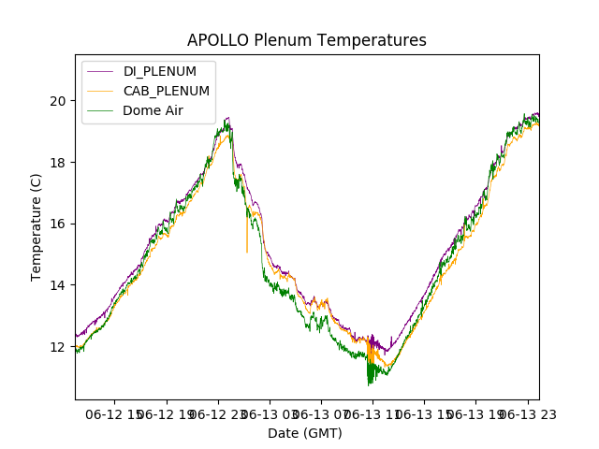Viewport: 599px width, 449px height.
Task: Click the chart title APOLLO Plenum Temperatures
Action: click(x=306, y=40)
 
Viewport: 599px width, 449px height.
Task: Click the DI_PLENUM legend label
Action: click(x=159, y=71)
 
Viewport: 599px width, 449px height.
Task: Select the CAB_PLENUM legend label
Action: click(x=166, y=91)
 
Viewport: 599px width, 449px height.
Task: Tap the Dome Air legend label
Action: click(x=153, y=110)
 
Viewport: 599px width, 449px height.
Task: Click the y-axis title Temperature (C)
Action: click(x=37, y=226)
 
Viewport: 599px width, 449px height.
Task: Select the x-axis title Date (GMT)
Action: click(x=305, y=433)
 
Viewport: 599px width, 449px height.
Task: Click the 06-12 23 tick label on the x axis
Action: click(x=217, y=413)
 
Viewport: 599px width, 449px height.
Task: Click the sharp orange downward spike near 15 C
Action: click(x=247, y=251)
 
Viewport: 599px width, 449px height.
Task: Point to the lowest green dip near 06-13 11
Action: click(x=369, y=384)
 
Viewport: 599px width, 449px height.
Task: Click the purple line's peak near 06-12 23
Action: click(x=227, y=118)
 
